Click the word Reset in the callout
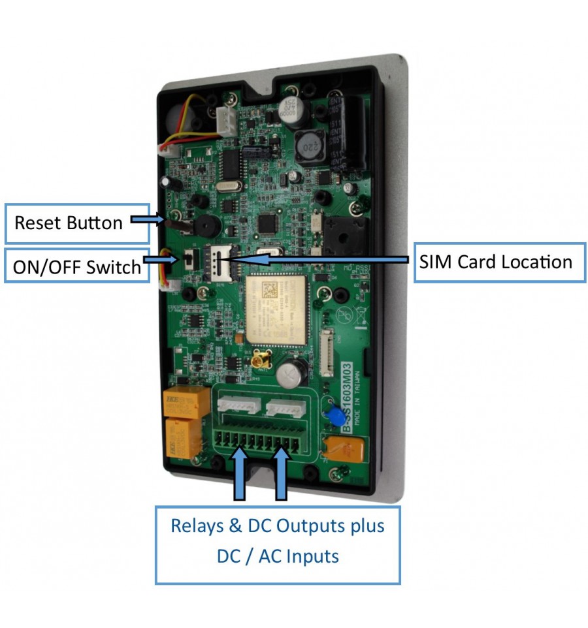[x=37, y=223]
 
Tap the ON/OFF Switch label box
[x=77, y=266]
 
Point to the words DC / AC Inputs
[x=278, y=556]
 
